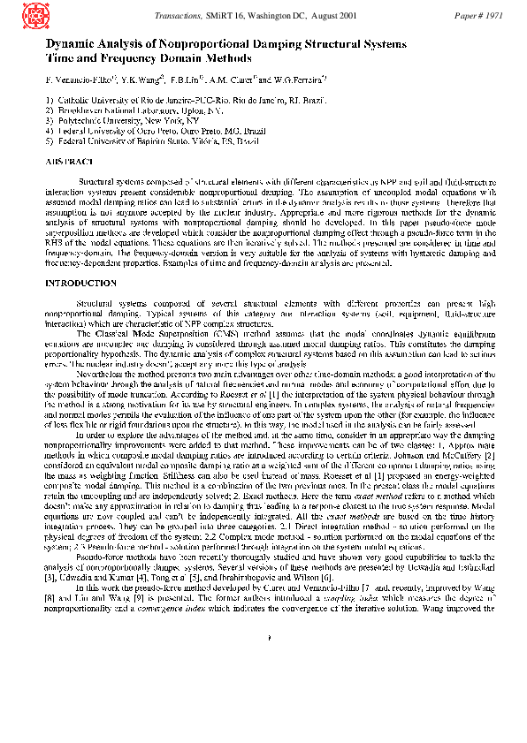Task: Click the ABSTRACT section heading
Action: [70, 162]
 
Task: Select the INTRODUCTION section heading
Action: [80, 283]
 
